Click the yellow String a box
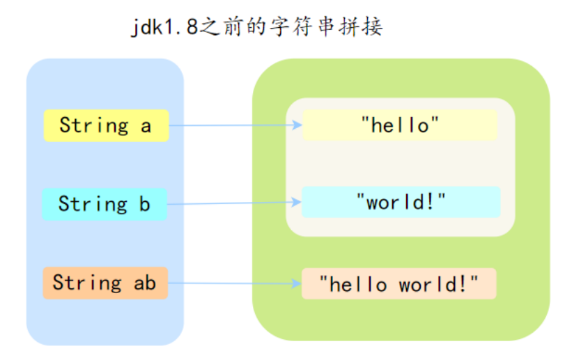coord(106,125)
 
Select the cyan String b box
coord(104,204)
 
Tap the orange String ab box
coord(105,283)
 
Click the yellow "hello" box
coord(400,125)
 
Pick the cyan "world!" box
coord(401,203)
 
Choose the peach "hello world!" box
coord(398,283)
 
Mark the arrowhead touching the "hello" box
coord(297,126)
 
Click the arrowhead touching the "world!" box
coord(297,203)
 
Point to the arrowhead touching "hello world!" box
coord(297,283)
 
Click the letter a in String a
coord(146,126)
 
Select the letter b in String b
coord(144,205)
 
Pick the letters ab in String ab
coord(145,283)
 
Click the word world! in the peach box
coord(438,284)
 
